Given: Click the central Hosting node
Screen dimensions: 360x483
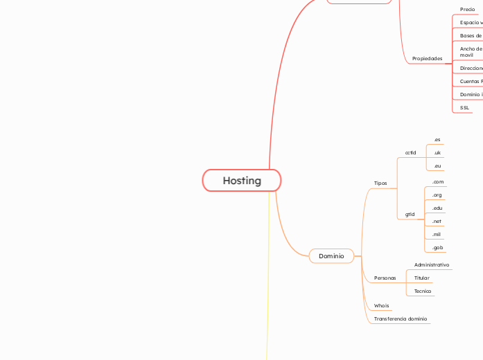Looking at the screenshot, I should click(242, 181).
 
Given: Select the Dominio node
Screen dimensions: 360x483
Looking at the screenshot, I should click(331, 256).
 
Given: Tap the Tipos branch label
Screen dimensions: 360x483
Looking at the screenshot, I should click(380, 183).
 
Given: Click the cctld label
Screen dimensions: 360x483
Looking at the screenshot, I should click(411, 152).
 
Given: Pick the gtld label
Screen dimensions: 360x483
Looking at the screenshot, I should click(410, 215).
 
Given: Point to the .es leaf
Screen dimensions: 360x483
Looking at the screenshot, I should click(437, 140).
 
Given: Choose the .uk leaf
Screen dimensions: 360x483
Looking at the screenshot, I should click(437, 153).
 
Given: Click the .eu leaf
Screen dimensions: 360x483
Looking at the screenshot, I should click(437, 166).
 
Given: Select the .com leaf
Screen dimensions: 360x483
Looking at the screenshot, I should click(438, 182).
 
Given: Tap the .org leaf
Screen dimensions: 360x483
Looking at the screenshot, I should click(437, 195).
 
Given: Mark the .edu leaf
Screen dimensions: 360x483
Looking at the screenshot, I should click(437, 208).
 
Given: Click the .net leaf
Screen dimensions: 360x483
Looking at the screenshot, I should click(437, 222).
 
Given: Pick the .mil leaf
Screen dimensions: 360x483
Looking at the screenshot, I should click(437, 235).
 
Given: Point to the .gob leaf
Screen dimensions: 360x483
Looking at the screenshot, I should click(438, 248).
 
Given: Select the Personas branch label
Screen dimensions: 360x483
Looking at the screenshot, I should click(385, 278).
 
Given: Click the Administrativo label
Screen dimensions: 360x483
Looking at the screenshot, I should click(432, 265).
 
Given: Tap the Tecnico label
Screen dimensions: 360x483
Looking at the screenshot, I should click(423, 291).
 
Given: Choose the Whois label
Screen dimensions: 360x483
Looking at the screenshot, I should click(382, 305).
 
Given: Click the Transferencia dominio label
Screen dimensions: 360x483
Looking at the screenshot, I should click(401, 319).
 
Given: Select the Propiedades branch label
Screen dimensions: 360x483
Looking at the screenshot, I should click(427, 59).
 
